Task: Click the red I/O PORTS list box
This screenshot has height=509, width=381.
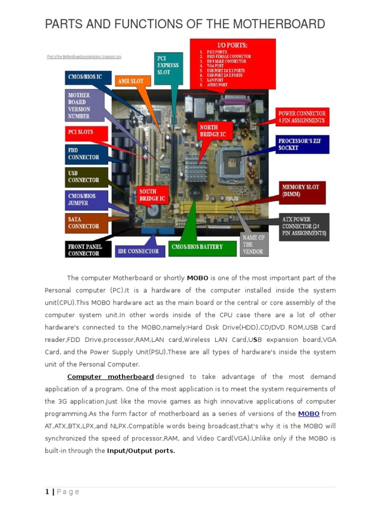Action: pyautogui.click(x=233, y=64)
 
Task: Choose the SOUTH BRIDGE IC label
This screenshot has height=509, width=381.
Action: pyautogui.click(x=151, y=195)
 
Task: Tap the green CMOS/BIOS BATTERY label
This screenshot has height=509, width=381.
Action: pyautogui.click(x=203, y=247)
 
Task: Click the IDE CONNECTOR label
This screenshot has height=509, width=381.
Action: pyautogui.click(x=138, y=252)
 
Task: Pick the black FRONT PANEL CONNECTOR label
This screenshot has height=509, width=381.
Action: pyautogui.click(x=86, y=250)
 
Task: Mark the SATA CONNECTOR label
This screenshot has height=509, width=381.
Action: pyautogui.click(x=85, y=223)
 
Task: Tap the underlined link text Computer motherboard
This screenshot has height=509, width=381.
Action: pyautogui.click(x=110, y=377)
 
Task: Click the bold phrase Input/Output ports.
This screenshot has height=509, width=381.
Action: pyautogui.click(x=141, y=451)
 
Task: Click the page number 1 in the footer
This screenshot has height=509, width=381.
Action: pyautogui.click(x=47, y=492)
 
